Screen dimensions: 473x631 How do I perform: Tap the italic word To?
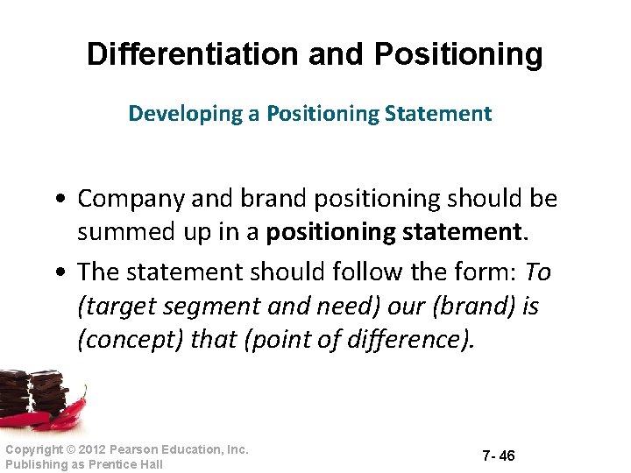[x=537, y=273]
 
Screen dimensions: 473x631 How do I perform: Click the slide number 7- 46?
[x=498, y=455]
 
